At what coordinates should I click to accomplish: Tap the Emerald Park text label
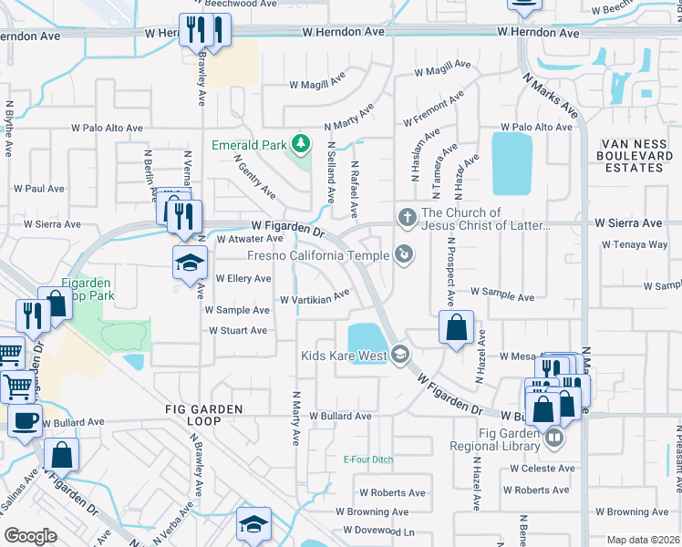point(248,145)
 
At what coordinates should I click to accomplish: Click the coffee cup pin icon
point(25,420)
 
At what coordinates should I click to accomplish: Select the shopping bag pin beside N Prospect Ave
point(456,326)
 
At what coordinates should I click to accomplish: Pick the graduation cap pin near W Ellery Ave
point(188,263)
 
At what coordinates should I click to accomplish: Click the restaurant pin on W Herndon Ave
point(204,30)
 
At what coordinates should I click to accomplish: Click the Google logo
point(31,536)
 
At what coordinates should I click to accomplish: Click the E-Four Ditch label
point(367,459)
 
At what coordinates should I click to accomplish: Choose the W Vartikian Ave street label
point(315,297)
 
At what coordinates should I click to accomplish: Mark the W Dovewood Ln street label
point(379,530)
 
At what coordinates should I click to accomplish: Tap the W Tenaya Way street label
point(635,244)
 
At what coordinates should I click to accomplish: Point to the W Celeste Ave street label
point(542,469)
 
